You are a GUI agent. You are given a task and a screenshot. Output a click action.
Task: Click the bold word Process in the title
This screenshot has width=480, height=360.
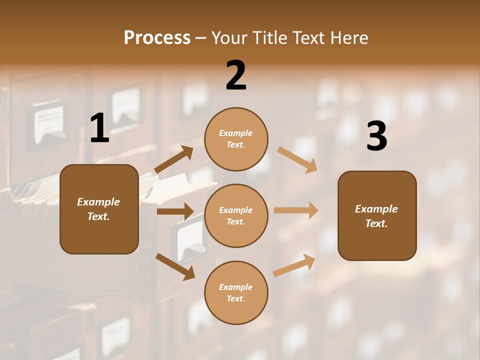pyautogui.click(x=157, y=38)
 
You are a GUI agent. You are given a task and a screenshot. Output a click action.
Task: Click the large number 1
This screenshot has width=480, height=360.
pyautogui.click(x=99, y=129)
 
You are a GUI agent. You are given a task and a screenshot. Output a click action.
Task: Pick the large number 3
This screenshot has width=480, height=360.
pyautogui.click(x=376, y=136)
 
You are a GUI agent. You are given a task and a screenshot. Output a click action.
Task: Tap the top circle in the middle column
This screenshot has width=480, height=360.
pyautogui.click(x=236, y=138)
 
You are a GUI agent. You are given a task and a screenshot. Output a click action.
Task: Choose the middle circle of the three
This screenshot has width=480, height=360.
pyautogui.click(x=236, y=215)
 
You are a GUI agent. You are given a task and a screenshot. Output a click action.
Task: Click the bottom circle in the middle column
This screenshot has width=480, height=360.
pyautogui.click(x=236, y=292)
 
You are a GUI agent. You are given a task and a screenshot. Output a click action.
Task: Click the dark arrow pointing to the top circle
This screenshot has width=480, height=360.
pyautogui.click(x=174, y=159)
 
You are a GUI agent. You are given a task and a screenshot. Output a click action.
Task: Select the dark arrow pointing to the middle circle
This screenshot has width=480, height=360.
pyautogui.click(x=175, y=211)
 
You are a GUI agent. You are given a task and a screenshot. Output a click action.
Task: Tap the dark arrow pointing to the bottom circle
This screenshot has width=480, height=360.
pyautogui.click(x=175, y=266)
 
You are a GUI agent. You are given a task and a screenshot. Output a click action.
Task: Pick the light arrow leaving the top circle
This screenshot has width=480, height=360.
pyautogui.click(x=297, y=159)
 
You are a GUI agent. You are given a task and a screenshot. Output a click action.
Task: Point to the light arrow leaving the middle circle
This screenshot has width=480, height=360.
pyautogui.click(x=296, y=210)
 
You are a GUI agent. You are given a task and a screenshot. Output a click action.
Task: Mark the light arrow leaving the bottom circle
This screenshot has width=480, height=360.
pyautogui.click(x=294, y=265)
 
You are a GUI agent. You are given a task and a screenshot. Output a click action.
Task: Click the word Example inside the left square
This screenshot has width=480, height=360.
pyautogui.click(x=98, y=202)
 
